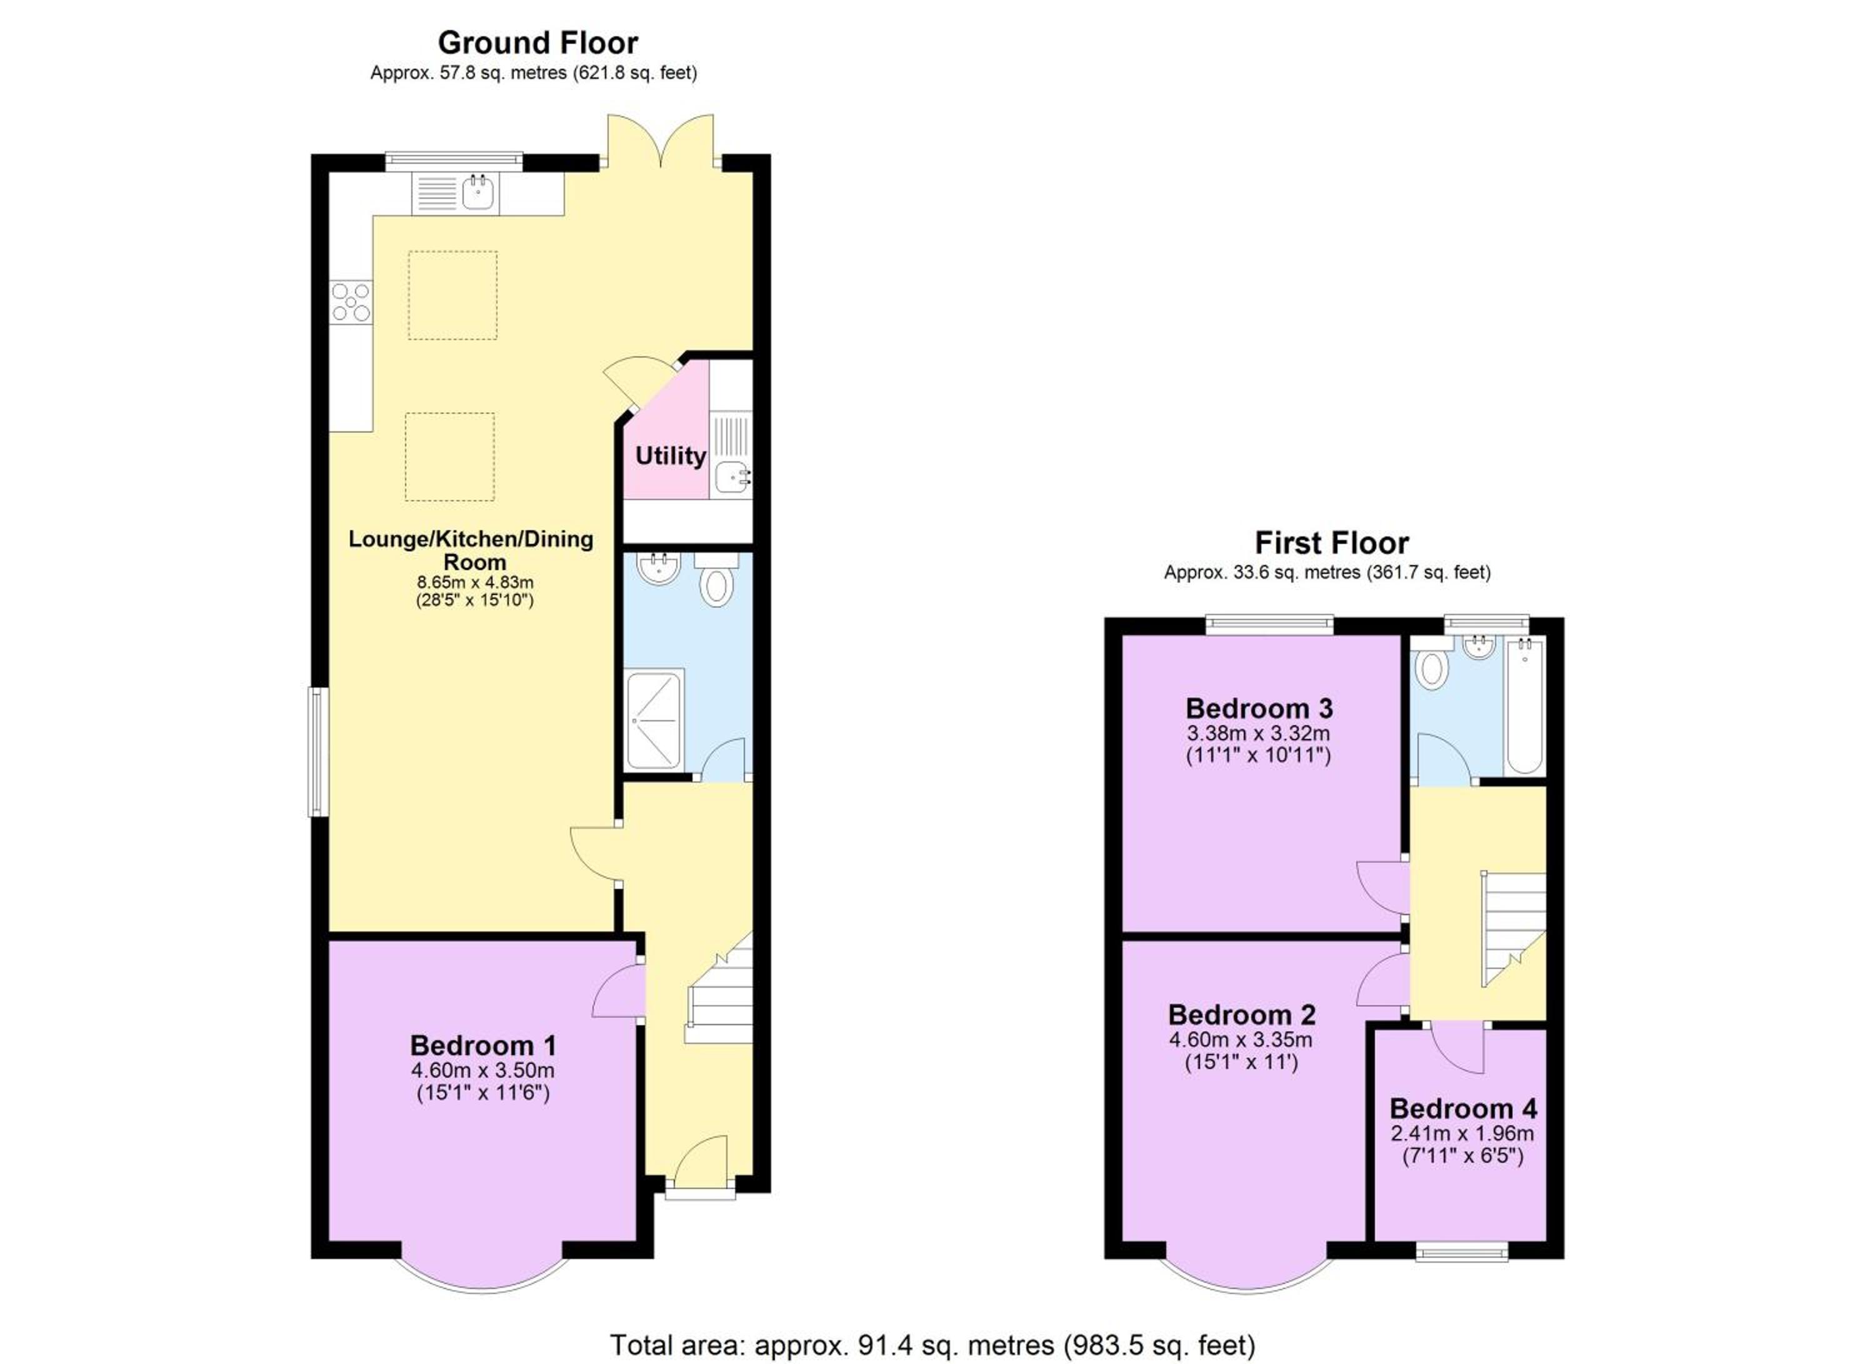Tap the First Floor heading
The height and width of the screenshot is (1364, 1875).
(x=1331, y=543)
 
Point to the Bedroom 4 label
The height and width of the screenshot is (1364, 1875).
(x=1463, y=1108)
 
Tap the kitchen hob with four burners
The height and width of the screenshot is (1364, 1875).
(x=351, y=303)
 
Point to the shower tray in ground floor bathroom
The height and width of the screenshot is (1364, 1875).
(x=656, y=720)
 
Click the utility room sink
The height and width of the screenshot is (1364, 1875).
(x=732, y=478)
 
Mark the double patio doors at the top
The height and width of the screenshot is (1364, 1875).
(x=661, y=142)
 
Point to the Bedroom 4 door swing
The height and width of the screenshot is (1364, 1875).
(x=1457, y=1049)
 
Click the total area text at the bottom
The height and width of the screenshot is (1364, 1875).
(x=932, y=1345)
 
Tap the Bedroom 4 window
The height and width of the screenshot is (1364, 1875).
(x=1462, y=1254)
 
